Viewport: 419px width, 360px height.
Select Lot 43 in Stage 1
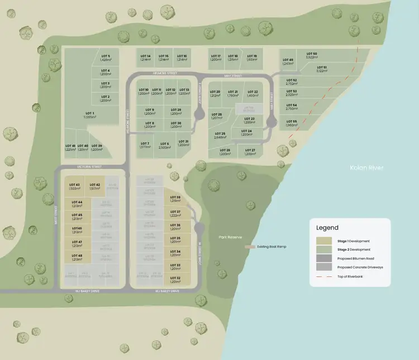74,186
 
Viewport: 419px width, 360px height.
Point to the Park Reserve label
231,237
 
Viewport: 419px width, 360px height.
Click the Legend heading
327,228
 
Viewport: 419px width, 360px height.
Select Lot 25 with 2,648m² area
220,135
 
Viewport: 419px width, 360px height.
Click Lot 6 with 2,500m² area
164,145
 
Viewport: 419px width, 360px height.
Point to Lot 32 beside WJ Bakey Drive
175,280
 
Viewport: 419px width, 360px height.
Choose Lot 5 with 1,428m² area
106,58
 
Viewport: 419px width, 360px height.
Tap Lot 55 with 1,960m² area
291,123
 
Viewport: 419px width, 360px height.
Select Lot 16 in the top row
181,58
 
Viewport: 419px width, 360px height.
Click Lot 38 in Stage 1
175,199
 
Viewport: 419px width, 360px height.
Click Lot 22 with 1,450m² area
253,94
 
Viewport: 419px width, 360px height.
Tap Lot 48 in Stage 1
77,257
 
